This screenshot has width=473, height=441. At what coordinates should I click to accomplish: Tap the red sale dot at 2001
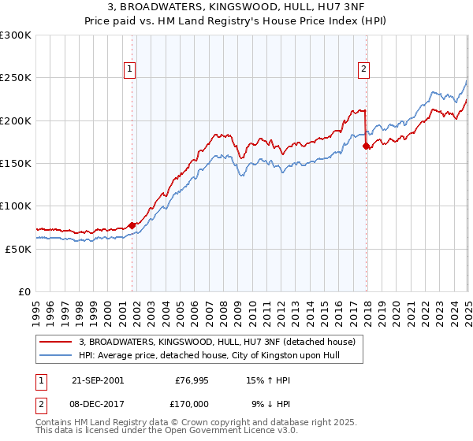132,226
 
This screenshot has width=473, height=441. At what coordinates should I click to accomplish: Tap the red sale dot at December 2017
366,146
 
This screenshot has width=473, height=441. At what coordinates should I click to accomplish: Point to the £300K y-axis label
16,35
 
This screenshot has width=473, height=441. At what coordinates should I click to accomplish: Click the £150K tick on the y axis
16,163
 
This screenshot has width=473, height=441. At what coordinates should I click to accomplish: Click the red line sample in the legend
57,342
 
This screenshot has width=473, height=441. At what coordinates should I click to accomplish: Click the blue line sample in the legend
57,355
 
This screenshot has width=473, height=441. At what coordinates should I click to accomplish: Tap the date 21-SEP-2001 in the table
97,380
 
